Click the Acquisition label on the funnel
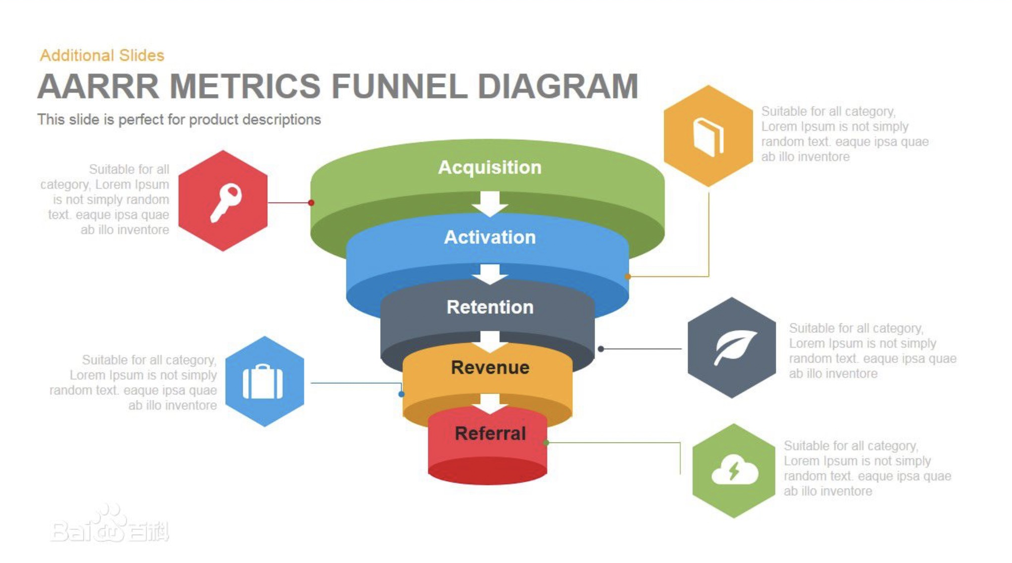click(490, 167)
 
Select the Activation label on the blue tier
click(490, 237)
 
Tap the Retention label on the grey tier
click(490, 307)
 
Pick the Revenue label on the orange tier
click(490, 368)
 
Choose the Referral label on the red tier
click(490, 433)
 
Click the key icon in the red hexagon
click(225, 201)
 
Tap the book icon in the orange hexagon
click(708, 136)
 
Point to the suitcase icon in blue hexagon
click(263, 381)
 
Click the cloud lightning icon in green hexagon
click(734, 471)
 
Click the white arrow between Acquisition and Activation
click(490, 203)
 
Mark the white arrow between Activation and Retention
click(490, 274)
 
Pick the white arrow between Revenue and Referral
click(490, 403)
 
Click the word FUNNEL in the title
click(399, 87)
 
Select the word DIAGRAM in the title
click(557, 87)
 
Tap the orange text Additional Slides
click(102, 55)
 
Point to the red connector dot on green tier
click(311, 202)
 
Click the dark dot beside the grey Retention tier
click(601, 349)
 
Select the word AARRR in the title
click(98, 87)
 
